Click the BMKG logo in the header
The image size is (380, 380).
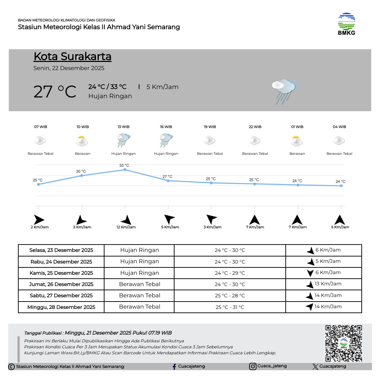[346, 24]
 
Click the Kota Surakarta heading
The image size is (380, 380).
[72, 57]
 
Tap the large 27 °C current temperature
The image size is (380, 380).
[55, 92]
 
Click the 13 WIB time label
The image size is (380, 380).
[123, 127]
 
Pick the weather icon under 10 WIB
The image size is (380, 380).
[82, 141]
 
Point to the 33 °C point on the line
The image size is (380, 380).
[125, 170]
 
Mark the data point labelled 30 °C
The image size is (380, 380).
[82, 175]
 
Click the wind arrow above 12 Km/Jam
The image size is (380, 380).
[126, 220]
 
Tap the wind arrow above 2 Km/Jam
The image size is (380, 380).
[39, 220]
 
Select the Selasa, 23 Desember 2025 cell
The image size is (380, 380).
[61, 250]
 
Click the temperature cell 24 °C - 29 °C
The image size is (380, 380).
[230, 273]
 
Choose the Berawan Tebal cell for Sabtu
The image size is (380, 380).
[139, 296]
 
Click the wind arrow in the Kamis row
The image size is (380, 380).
[310, 273]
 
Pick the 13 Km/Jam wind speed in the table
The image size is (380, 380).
[328, 284]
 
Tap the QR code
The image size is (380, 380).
[343, 343]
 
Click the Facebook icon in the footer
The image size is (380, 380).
[174, 367]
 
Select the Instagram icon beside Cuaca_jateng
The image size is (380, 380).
[253, 366]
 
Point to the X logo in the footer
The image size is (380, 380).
[315, 367]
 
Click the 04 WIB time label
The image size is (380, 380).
[340, 127]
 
